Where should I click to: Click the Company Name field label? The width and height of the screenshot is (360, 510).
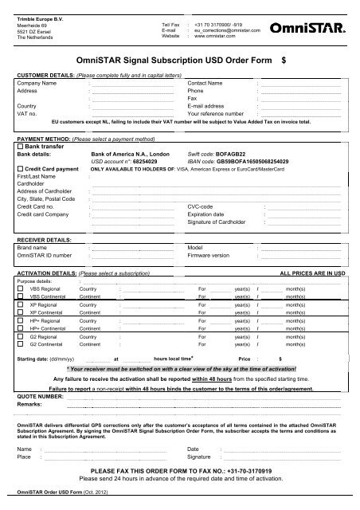click(x=37, y=83)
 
